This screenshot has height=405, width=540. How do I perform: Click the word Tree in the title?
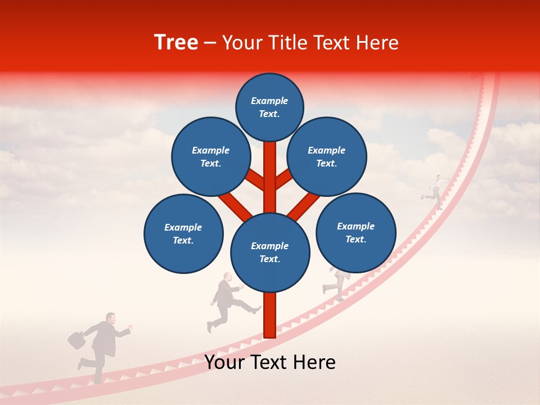coord(176,42)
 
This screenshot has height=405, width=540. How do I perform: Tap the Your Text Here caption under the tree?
coord(269,362)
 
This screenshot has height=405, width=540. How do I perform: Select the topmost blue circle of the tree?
coord(269,107)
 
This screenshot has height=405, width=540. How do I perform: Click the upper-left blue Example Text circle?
coord(211,157)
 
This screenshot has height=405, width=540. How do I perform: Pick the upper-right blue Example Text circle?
coord(327,157)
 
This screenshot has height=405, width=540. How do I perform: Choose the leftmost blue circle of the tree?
coord(183,233)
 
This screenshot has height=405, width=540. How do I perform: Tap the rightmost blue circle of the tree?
coord(356,232)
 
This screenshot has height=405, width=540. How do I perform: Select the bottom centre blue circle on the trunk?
coord(270,252)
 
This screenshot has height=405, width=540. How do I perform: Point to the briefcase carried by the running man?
coord(76,339)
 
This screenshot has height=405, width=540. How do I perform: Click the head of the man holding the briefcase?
coord(111,319)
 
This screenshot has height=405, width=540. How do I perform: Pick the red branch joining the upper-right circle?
coord(284,179)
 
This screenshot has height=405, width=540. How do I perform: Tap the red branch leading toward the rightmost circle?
coord(304,205)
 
